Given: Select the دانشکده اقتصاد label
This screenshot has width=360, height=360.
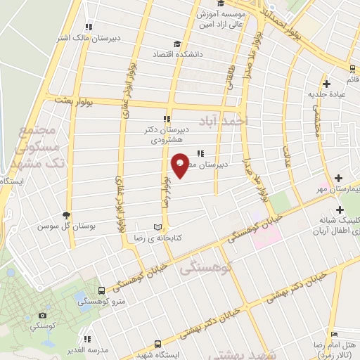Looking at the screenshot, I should point(188,53).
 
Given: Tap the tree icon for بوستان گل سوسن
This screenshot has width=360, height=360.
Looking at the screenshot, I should point(67,215).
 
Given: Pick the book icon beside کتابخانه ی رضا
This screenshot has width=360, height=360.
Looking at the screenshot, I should point(157,227).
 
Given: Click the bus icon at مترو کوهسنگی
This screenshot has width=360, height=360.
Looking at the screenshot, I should point(103,290).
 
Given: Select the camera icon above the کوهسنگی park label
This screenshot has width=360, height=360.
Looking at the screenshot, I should point(43,316).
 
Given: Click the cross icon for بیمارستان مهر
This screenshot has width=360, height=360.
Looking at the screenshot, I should point(340,179).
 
